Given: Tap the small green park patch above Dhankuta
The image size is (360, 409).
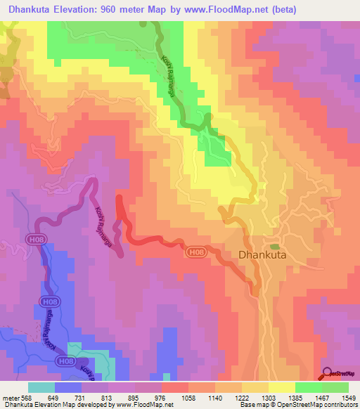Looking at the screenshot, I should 274,247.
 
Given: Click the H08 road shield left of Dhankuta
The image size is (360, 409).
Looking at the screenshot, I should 197,250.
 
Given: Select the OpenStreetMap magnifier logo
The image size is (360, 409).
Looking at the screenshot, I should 328,374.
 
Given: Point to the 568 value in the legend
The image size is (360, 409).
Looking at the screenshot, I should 26,397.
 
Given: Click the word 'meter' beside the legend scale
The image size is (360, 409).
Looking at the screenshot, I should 10,397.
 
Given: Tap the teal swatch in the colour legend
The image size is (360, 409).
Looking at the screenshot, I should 41,387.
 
